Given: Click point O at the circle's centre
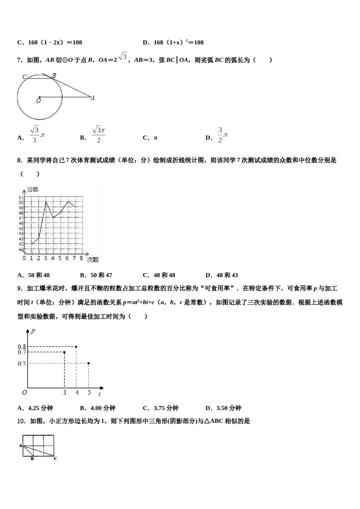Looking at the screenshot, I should pos(39,97).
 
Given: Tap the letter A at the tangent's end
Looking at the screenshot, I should pos(93,98).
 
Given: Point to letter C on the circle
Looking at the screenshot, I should pos(25,77).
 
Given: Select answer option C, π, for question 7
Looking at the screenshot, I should pos(150,138).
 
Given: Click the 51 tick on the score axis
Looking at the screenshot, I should pos(21,197).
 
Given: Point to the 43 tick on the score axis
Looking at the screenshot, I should pos(21,239).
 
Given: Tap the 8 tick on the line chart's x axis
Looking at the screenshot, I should pos(81,258).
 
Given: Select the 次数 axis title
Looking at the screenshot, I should pos(93,259).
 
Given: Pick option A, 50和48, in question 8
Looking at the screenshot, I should pos(34,275).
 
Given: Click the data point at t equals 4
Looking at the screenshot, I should pos(77,347).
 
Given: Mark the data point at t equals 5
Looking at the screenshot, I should pos(89,363).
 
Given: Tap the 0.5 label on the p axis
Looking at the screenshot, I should pos(22,364).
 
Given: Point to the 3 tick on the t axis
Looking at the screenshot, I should pos(64,393).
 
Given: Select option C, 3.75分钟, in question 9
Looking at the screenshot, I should pos(161,408).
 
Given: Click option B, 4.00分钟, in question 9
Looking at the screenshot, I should pos(98,408).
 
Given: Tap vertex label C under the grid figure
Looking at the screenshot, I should pos(55,459).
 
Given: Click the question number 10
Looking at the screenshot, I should pos(22,421).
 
